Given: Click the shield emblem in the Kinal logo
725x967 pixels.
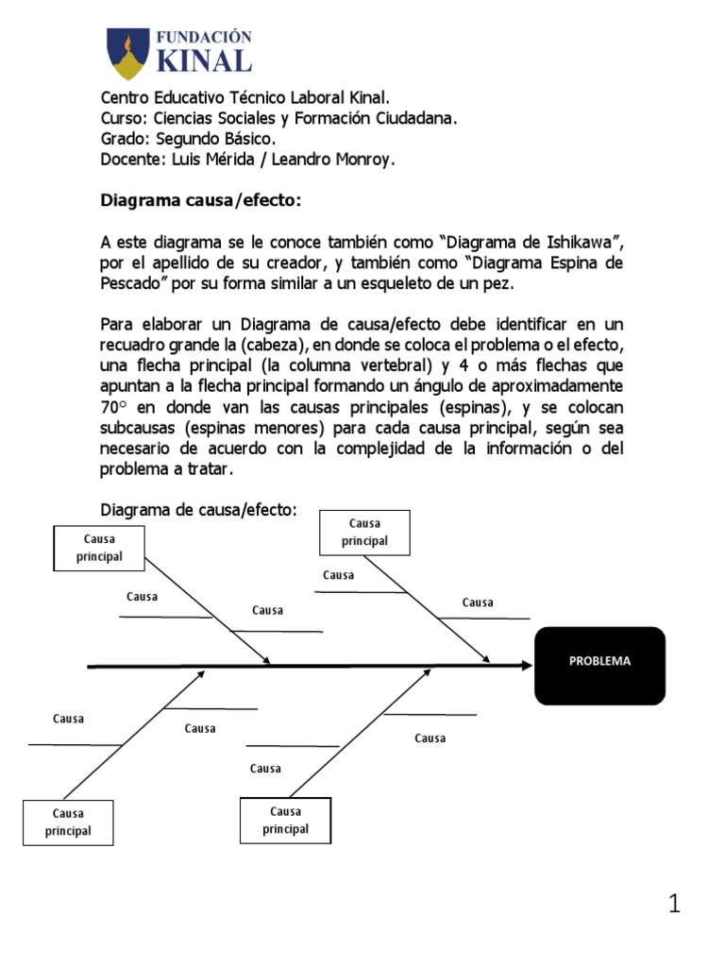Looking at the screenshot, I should click(126, 54).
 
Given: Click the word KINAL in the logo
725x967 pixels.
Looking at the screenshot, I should click(203, 61).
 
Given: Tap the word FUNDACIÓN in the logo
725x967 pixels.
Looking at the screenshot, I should click(203, 37).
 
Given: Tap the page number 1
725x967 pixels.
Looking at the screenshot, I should click(674, 905).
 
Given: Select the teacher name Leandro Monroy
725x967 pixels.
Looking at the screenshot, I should click(333, 160).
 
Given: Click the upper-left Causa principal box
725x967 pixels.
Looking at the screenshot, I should click(100, 548).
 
